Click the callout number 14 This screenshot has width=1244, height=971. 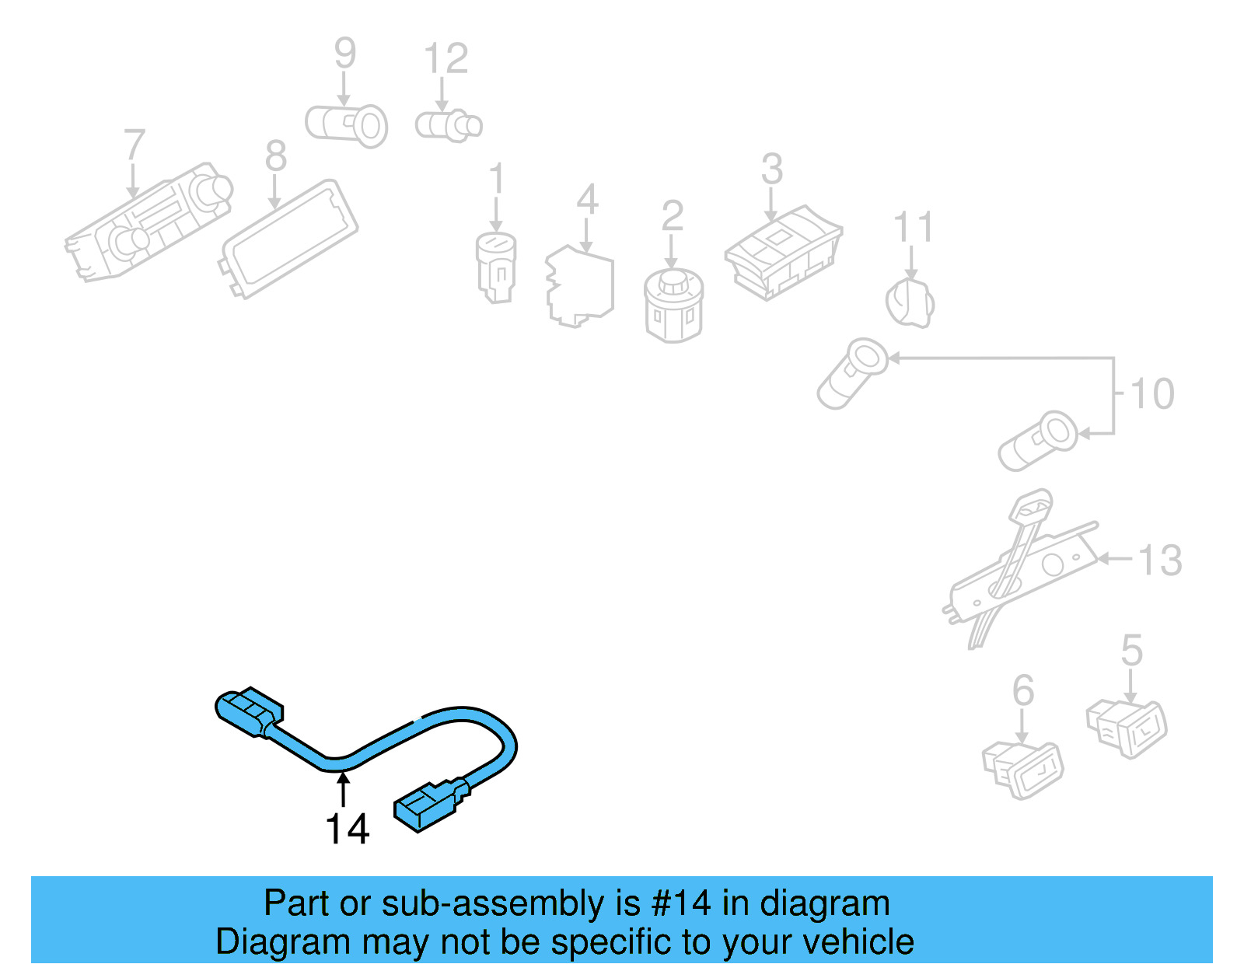(x=347, y=830)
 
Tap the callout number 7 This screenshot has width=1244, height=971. (x=135, y=145)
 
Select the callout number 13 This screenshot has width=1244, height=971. (x=1160, y=561)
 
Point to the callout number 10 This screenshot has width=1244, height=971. (x=1152, y=394)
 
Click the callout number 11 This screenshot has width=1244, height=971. (x=913, y=228)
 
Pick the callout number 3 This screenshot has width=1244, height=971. (x=771, y=169)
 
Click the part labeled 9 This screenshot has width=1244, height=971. (x=347, y=125)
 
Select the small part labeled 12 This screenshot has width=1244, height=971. (x=449, y=125)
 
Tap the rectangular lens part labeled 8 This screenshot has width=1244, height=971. (x=288, y=238)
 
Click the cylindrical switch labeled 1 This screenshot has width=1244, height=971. (x=496, y=267)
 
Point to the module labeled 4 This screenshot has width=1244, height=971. (x=580, y=287)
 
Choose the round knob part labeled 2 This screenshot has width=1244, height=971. (x=673, y=305)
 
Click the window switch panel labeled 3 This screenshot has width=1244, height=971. (x=783, y=251)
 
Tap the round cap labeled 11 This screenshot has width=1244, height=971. (x=910, y=303)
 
